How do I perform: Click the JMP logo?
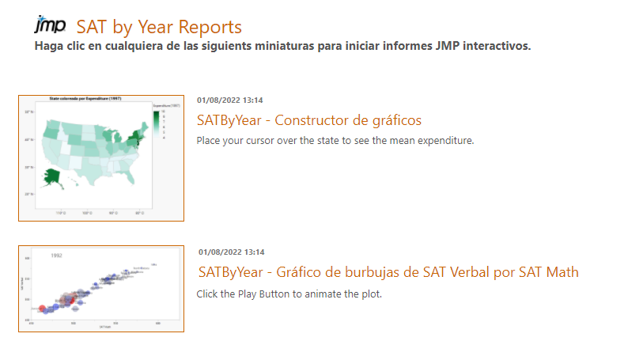pos(50,25)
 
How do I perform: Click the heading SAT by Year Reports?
pos(159,27)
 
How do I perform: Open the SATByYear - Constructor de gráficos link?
pos(308,120)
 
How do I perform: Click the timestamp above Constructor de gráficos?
pos(229,100)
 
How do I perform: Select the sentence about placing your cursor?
pos(335,141)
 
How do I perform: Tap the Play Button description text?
pos(289,294)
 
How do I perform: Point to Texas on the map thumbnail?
pos(96,165)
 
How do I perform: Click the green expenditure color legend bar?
pos(156,121)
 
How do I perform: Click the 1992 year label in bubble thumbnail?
pos(57,256)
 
